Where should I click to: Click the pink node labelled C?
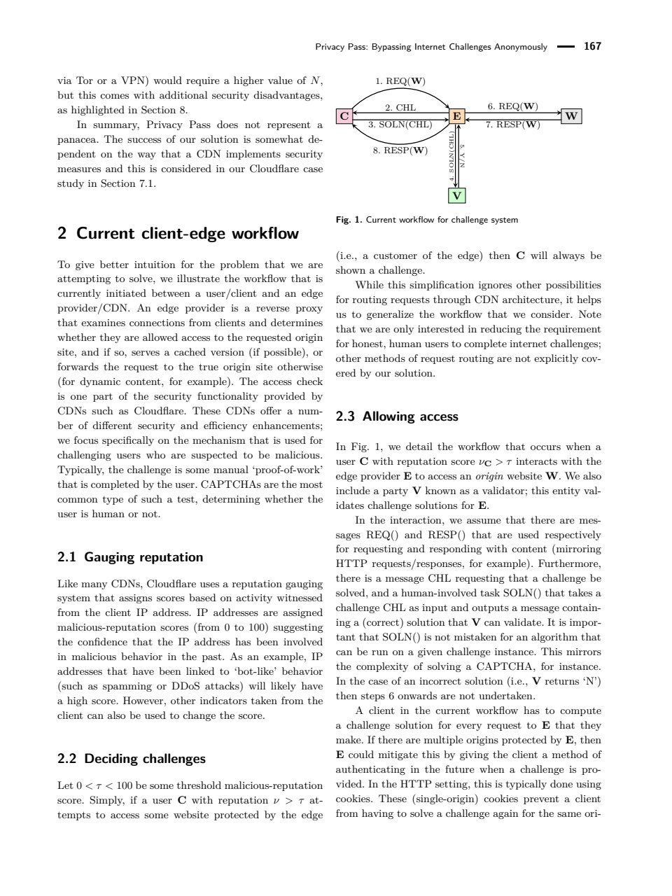[344, 116]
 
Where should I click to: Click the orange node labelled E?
[456, 116]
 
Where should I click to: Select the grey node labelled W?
[572, 116]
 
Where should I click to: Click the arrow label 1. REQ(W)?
[400, 80]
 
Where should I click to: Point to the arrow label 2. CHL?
[400, 108]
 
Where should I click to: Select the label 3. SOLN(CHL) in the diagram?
[400, 125]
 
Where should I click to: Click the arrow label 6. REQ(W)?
[512, 106]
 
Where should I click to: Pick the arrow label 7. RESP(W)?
[513, 125]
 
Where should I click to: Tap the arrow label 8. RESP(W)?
[400, 150]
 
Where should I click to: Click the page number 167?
[592, 47]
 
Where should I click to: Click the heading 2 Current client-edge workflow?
[178, 234]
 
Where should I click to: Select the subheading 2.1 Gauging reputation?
[130, 557]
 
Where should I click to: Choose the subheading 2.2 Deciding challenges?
[132, 759]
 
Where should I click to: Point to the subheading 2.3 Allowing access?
[397, 416]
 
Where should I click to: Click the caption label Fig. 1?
[349, 220]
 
